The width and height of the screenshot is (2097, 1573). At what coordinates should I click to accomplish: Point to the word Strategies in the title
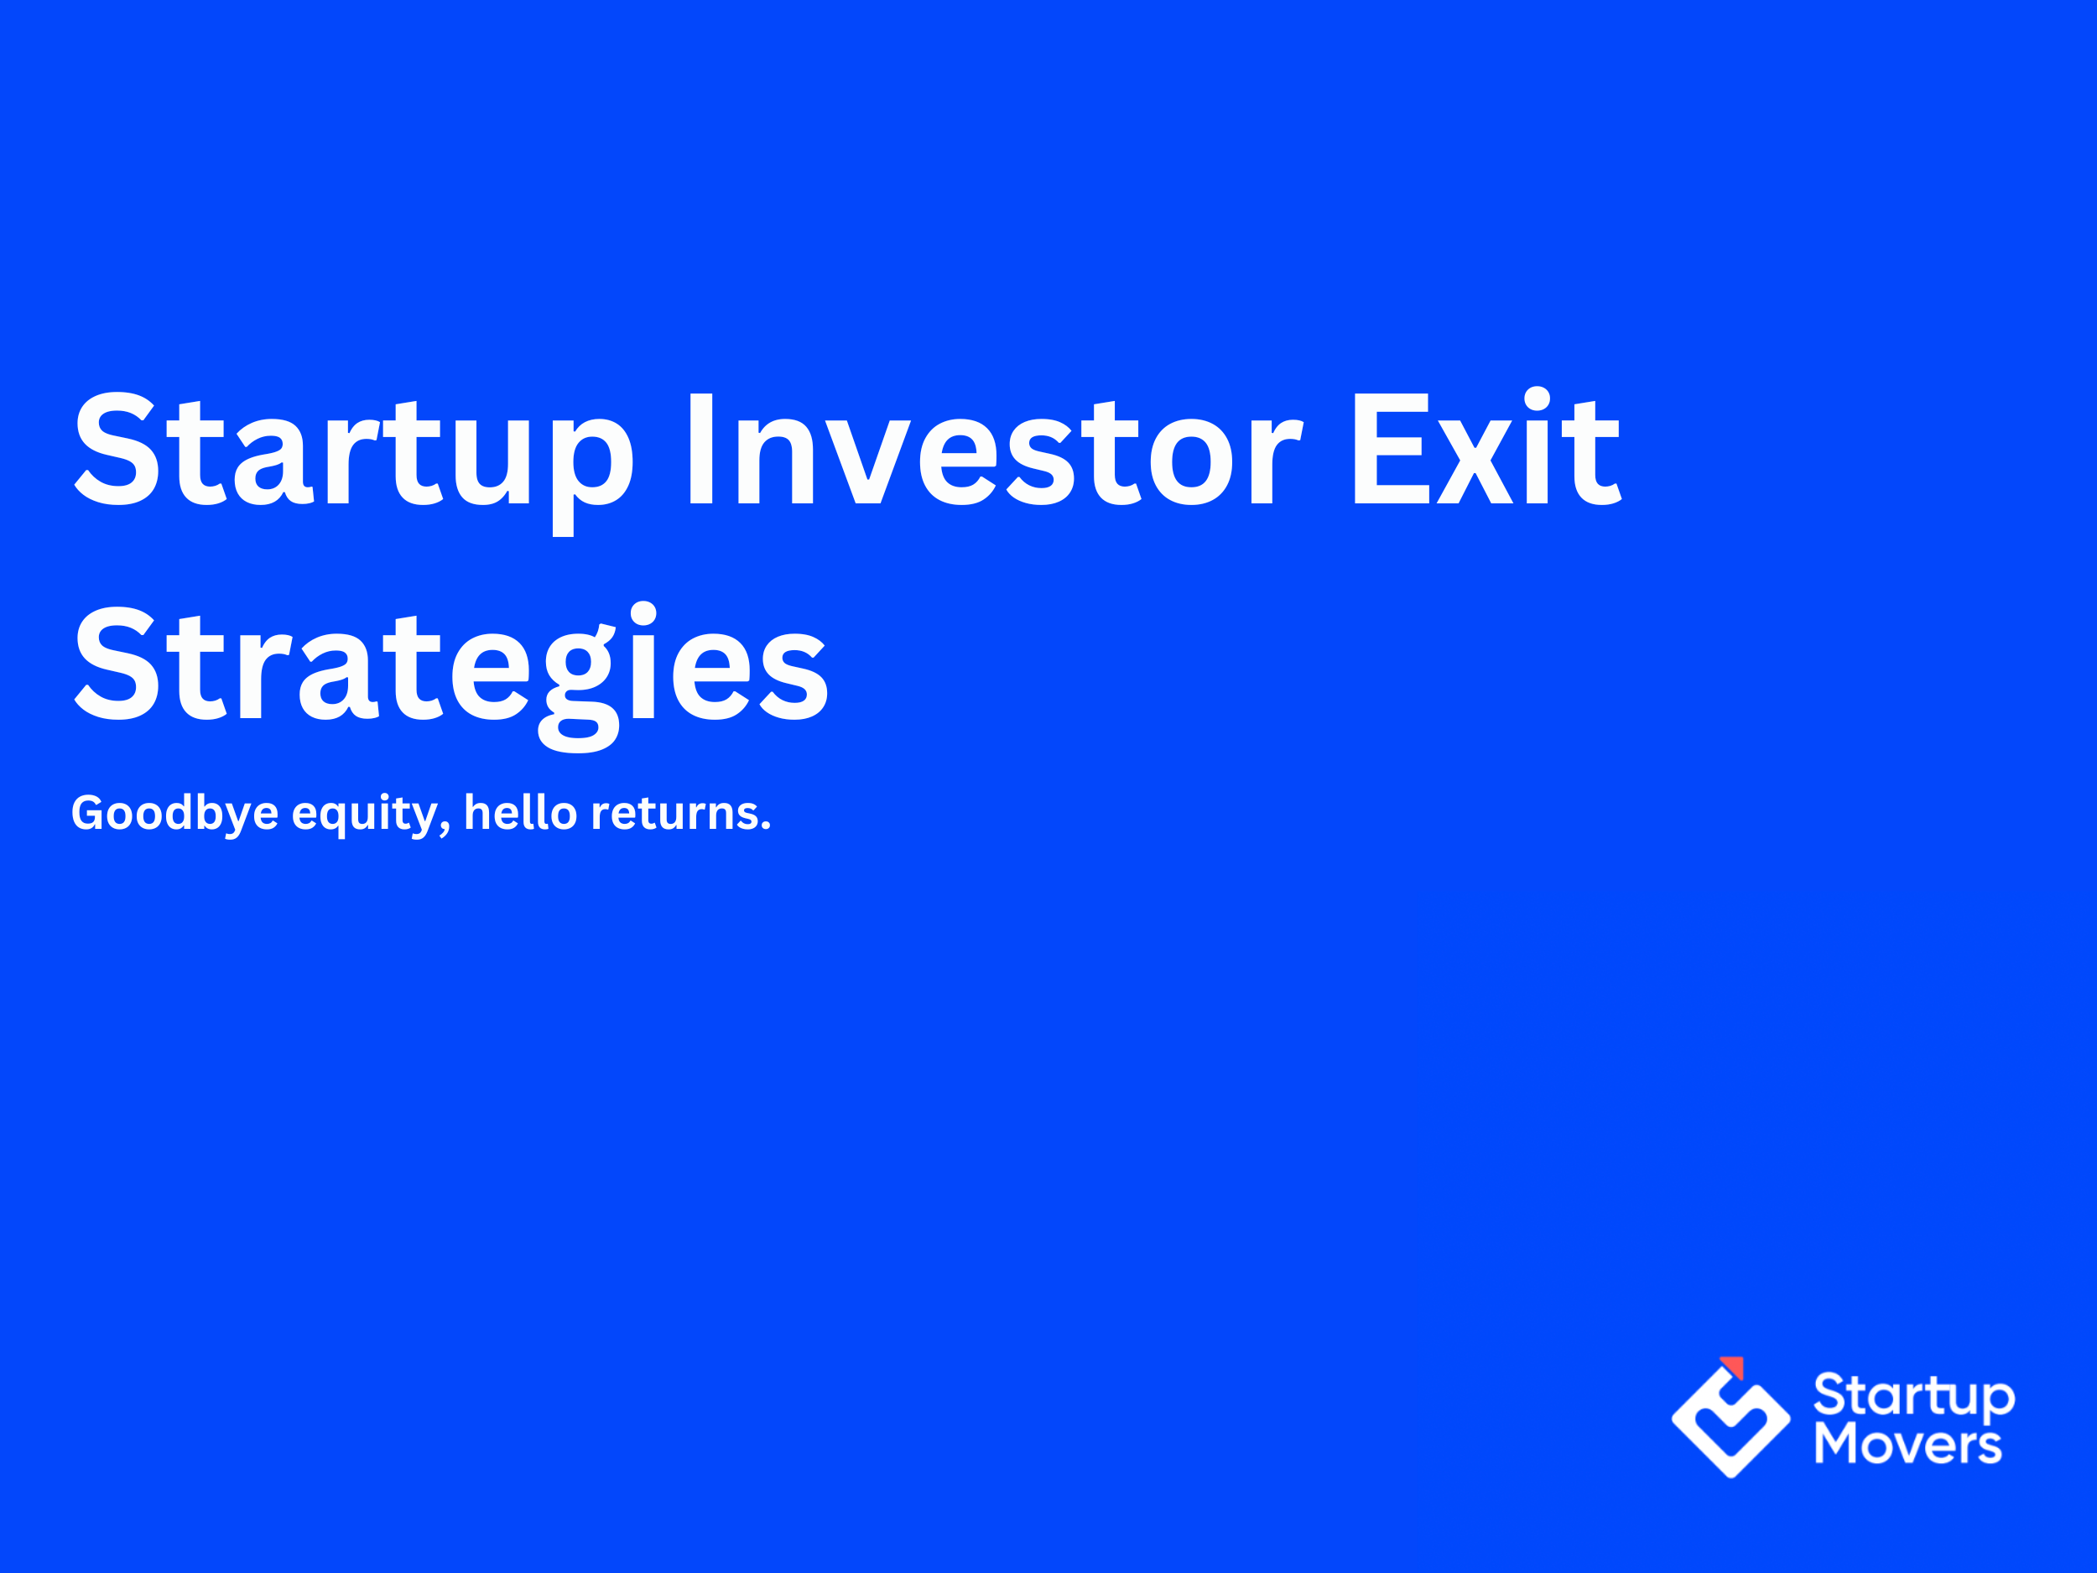(451, 665)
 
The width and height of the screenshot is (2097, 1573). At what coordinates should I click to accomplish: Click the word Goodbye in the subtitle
(174, 814)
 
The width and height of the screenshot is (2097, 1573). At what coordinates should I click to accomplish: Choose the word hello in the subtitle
(520, 813)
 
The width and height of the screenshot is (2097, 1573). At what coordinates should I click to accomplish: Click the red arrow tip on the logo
(1734, 1367)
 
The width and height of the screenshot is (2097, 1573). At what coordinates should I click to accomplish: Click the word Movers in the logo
(1907, 1445)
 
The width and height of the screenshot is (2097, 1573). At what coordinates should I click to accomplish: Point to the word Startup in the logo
(1914, 1397)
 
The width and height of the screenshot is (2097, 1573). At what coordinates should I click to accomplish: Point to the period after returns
(766, 828)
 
